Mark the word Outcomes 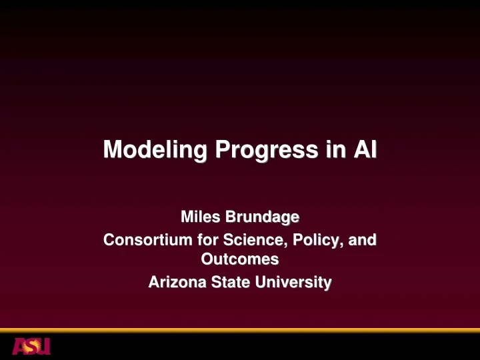click(239, 258)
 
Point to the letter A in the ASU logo click(19, 346)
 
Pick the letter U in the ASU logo click(44, 346)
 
